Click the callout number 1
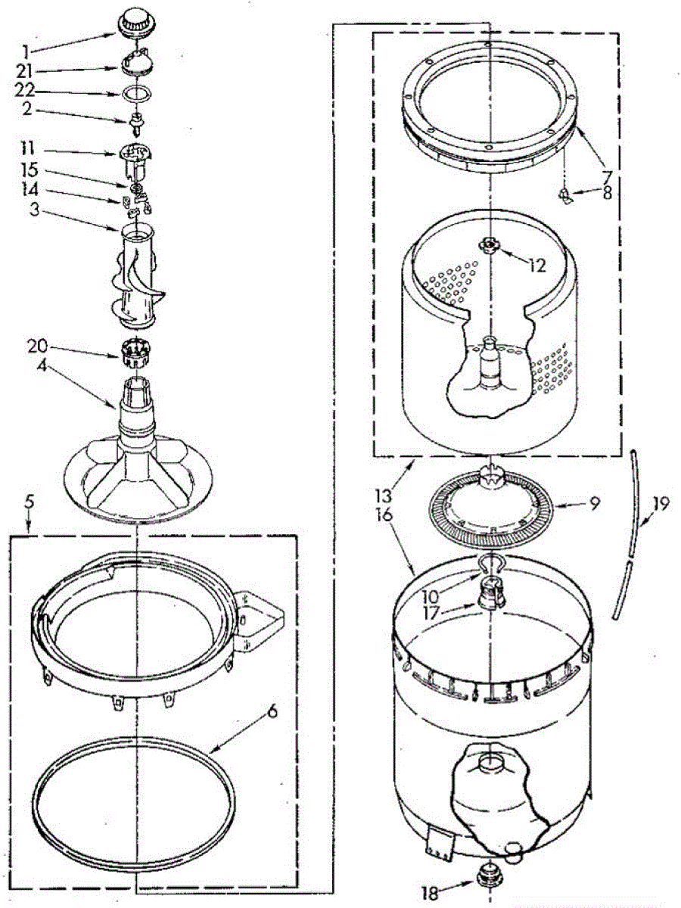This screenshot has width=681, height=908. point(26,52)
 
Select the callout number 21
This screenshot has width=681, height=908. point(26,72)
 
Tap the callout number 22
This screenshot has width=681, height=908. point(26,92)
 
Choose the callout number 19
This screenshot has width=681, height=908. point(661,503)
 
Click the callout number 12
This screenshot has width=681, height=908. point(538,266)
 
